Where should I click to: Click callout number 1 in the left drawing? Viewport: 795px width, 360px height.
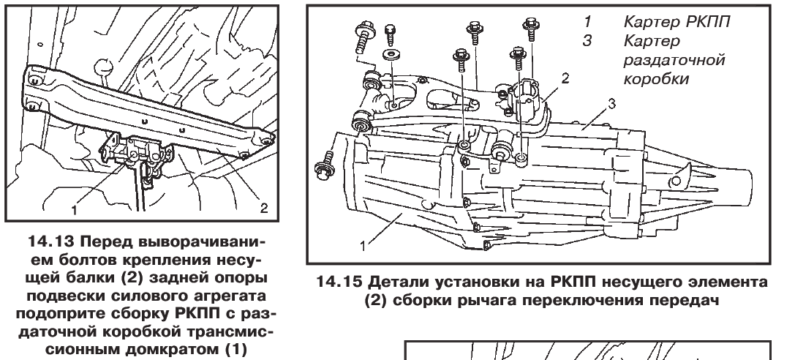point(75,209)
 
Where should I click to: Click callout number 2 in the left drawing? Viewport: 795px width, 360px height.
point(263,208)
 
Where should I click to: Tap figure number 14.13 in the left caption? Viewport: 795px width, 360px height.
point(48,239)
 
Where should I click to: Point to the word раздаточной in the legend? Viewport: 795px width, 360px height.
point(674,60)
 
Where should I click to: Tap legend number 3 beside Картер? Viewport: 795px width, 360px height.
point(587,41)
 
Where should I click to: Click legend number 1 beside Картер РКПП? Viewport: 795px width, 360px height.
point(587,22)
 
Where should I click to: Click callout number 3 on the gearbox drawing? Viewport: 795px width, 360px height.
point(612,103)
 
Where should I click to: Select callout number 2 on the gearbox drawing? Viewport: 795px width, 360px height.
point(565,78)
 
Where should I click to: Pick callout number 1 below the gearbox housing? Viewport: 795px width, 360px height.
point(363,246)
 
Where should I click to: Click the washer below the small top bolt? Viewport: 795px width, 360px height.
point(391,55)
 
